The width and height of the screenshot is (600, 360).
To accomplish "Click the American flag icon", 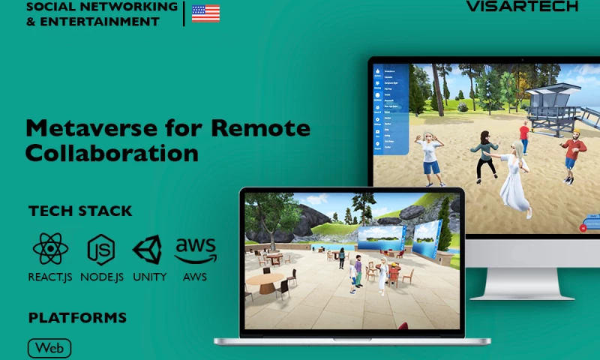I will (x=205, y=13).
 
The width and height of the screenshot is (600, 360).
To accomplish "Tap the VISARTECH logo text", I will (x=522, y=6).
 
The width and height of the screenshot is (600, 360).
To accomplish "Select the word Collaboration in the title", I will (x=112, y=153).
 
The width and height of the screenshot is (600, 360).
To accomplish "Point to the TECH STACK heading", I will (x=80, y=211).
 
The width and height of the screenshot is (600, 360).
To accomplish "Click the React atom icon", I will (x=50, y=249).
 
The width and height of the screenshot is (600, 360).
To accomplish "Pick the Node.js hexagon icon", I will (x=101, y=250).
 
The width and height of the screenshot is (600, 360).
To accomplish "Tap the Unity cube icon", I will (x=147, y=250).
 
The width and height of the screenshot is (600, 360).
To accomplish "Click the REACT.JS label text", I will (x=50, y=277).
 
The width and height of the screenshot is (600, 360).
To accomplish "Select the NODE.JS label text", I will (x=101, y=277).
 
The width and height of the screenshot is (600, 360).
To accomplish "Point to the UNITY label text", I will (x=149, y=277).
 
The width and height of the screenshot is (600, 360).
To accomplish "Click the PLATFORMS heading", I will (x=77, y=318).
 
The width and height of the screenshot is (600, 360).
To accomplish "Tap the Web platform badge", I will (x=49, y=348).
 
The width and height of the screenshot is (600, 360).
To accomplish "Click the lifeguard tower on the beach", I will (x=551, y=105).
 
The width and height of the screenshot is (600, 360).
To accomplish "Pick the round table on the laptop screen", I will (x=265, y=280).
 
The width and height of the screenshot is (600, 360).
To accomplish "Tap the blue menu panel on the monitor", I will (x=391, y=109).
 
